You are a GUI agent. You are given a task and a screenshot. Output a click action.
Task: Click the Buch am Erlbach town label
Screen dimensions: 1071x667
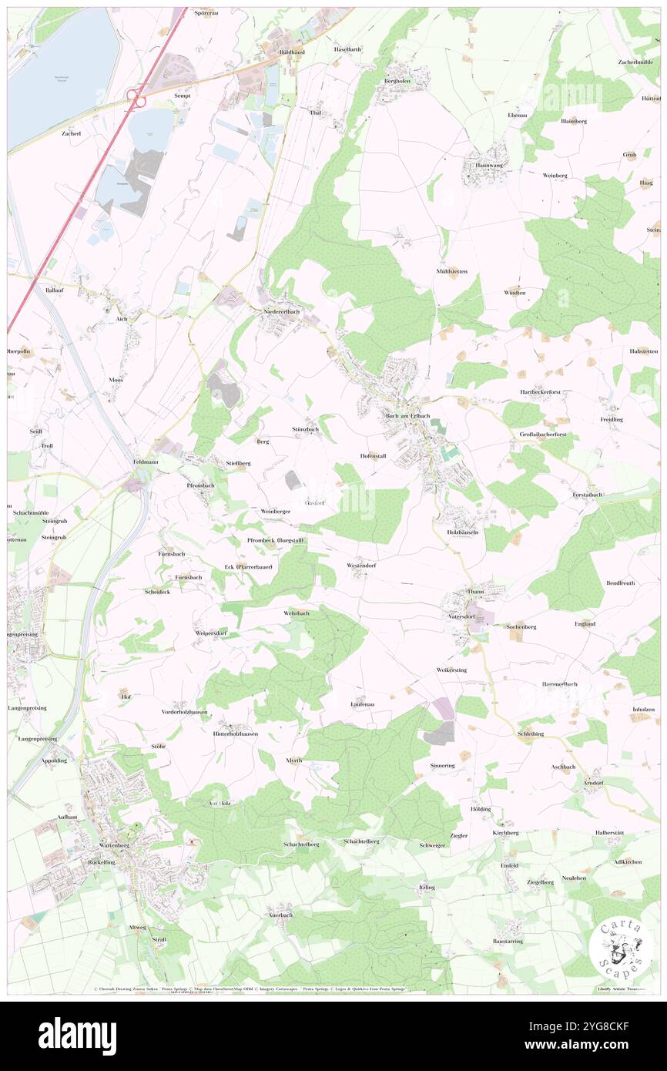(x=407, y=415)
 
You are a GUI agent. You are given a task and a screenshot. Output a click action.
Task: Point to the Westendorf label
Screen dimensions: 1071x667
(x=361, y=566)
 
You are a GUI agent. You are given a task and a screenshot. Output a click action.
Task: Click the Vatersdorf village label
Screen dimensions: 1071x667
(x=462, y=616)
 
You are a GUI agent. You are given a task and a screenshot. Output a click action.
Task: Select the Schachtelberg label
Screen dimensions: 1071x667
(x=301, y=844)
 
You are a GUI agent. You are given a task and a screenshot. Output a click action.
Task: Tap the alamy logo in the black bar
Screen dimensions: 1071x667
(x=77, y=1036)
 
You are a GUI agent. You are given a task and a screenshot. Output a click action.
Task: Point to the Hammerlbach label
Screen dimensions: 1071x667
(x=559, y=684)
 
